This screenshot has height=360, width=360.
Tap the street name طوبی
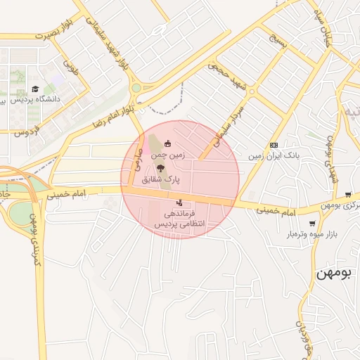pos(70,67)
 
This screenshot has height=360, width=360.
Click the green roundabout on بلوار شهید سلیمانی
pos(136,89)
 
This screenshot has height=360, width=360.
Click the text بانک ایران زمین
pos(278,155)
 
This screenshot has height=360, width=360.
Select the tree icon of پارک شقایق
pos(160,168)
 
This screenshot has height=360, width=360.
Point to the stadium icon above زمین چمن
pos(167,143)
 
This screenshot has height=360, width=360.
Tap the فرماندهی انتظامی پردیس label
pos(179,217)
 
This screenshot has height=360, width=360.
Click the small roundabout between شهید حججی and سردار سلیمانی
pos(251,91)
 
